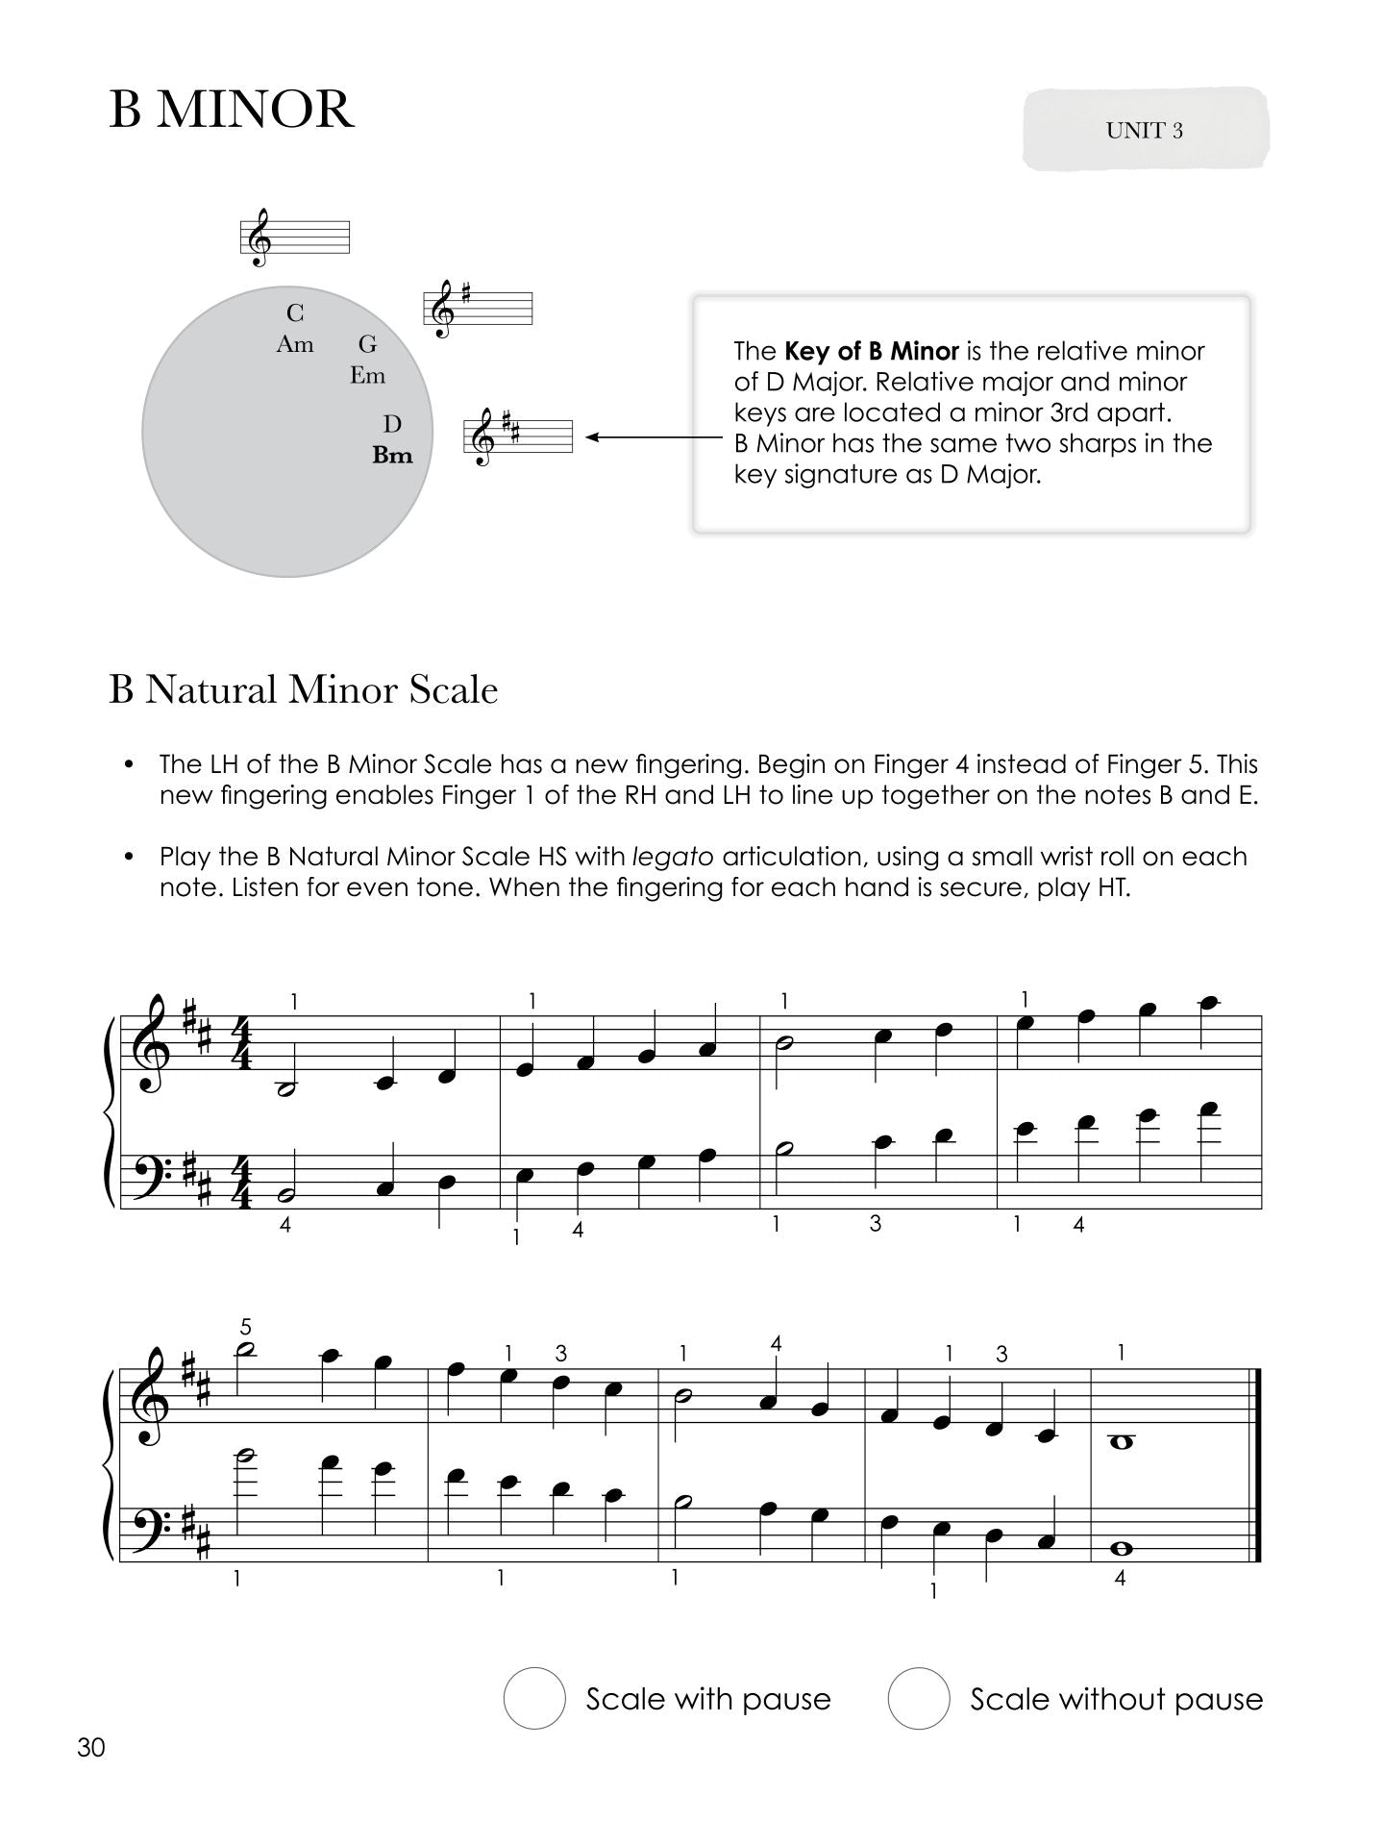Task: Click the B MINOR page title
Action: tap(232, 110)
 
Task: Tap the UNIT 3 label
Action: tap(1144, 131)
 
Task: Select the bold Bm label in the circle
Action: tap(392, 456)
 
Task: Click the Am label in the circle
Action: tap(295, 344)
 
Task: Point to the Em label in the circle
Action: tap(367, 376)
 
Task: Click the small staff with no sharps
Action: tap(295, 237)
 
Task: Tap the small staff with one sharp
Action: tap(478, 309)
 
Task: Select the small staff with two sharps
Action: tap(519, 437)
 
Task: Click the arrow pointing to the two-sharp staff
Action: tap(654, 437)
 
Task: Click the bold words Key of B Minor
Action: tap(872, 351)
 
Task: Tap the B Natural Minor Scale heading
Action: tap(304, 690)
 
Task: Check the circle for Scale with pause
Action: tap(533, 1699)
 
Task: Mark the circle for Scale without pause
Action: tap(918, 1699)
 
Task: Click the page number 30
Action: tap(91, 1747)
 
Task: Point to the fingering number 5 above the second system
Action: tap(246, 1328)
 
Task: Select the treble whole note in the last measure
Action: tap(1119, 1439)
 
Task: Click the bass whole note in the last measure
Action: tap(1119, 1549)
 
